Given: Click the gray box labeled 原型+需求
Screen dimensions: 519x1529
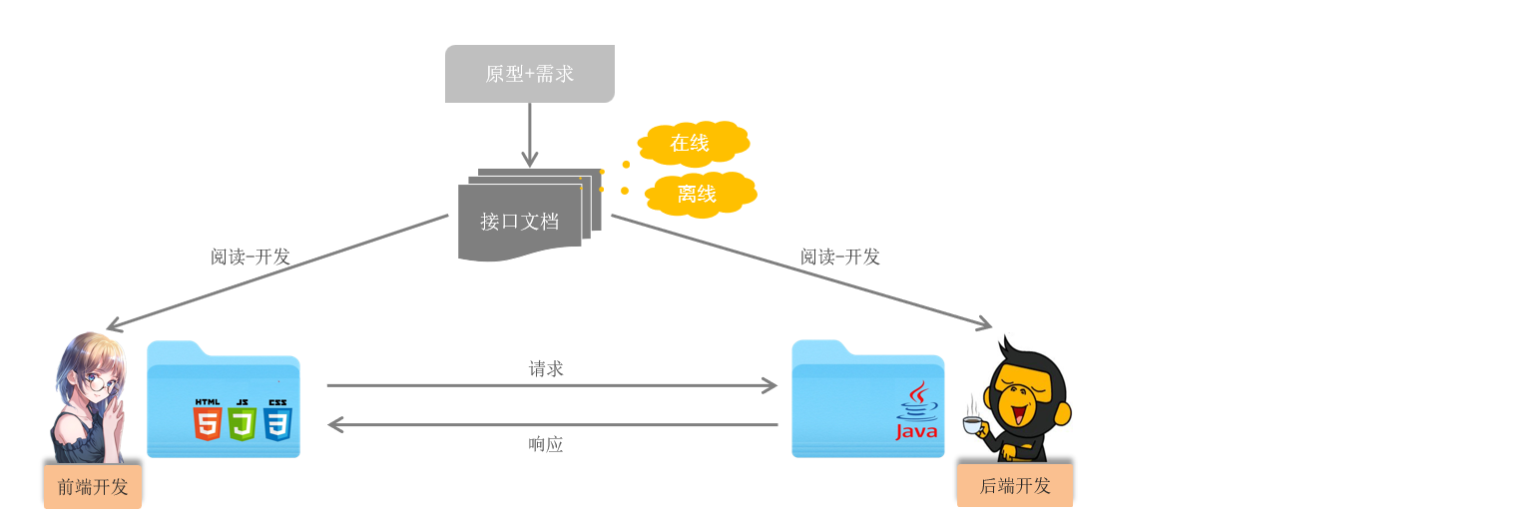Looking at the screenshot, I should point(529,74).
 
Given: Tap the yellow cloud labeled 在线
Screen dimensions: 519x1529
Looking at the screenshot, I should point(691,143).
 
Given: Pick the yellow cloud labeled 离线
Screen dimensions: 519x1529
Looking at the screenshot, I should point(698,194).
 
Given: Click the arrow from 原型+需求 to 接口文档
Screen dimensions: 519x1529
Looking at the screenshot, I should point(529,135).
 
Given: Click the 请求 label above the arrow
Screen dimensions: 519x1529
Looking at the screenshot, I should point(546,368).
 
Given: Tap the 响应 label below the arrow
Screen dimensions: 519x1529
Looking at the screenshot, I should point(546,445).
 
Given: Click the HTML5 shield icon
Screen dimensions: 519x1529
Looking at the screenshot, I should point(208,420).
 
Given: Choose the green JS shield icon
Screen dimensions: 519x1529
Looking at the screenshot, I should point(242,420).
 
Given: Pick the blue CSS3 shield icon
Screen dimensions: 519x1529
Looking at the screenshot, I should point(277,420).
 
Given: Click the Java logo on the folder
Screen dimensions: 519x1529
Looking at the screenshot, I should point(916,411).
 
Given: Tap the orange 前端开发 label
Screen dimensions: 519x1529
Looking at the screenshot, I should point(93,487).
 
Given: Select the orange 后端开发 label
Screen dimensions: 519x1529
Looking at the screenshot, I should point(1015,486).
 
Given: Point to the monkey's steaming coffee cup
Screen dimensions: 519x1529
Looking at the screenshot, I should point(972,424).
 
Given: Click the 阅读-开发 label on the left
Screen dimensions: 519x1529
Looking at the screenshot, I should point(250,257).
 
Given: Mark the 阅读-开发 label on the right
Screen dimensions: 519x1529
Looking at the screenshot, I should point(839,257).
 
